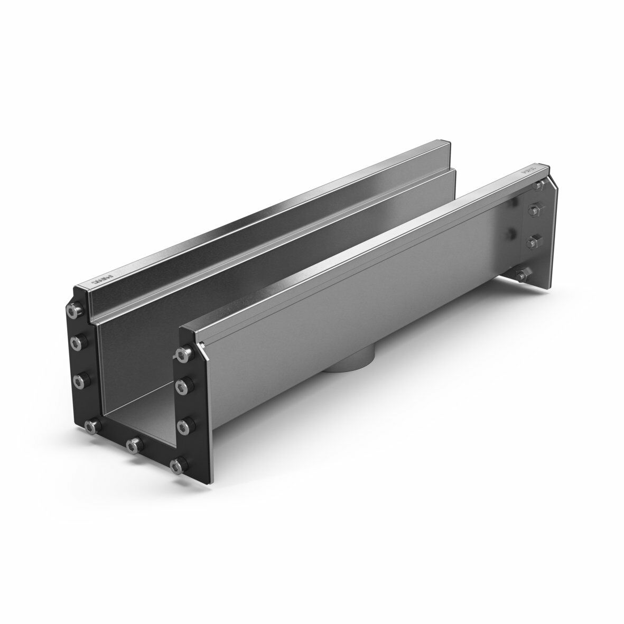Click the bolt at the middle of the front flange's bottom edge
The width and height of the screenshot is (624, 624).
pyautogui.click(x=134, y=443)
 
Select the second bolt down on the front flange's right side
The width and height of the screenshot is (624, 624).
pyautogui.click(x=183, y=384)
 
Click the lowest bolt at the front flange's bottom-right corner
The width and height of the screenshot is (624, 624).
pyautogui.click(x=178, y=464)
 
